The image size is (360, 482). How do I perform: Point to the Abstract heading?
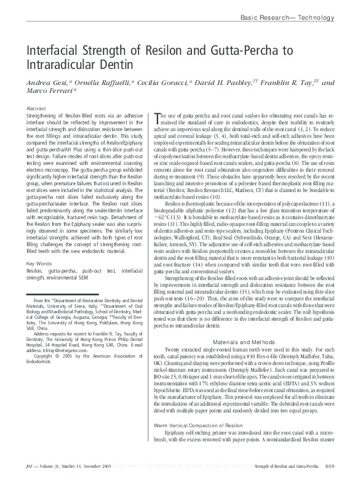[x=38, y=108]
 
